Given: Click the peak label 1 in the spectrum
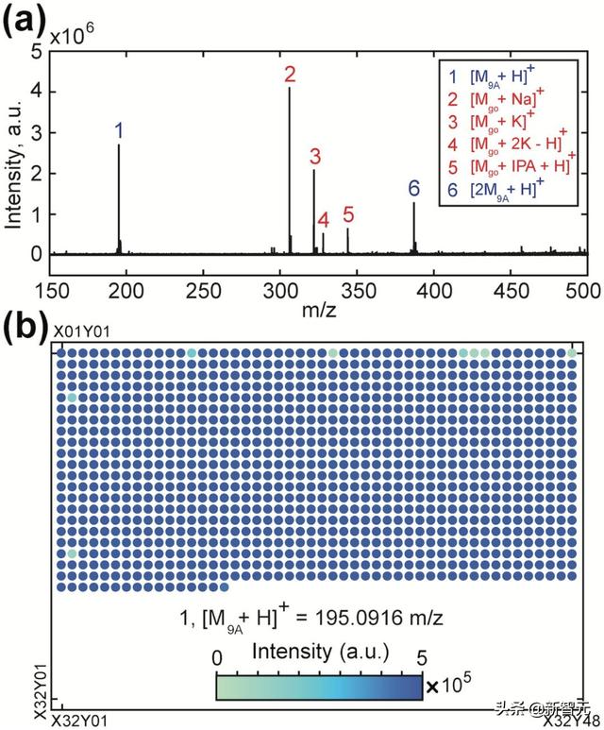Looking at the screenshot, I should [x=119, y=130].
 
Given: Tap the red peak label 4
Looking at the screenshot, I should [x=324, y=220].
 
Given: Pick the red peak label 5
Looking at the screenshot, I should [x=348, y=214].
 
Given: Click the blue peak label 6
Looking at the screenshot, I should [x=413, y=188].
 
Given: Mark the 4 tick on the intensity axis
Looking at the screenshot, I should [x=36, y=93].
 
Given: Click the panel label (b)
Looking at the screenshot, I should [x=25, y=326].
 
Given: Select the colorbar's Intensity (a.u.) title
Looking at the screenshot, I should [x=317, y=653].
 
